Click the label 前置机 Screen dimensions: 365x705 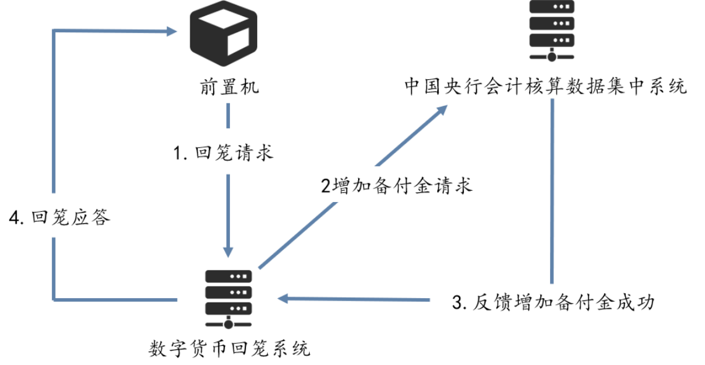click(229, 87)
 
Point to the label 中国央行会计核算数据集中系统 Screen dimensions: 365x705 click(546, 86)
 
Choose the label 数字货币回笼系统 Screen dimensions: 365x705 click(230, 348)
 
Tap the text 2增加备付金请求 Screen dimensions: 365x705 click(396, 186)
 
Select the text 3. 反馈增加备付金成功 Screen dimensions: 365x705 click(554, 302)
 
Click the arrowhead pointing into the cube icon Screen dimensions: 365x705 click(173, 30)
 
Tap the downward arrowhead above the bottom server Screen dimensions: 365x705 click(228, 250)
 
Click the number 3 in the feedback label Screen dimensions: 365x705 click(457, 303)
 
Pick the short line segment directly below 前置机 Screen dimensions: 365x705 click(228, 115)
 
